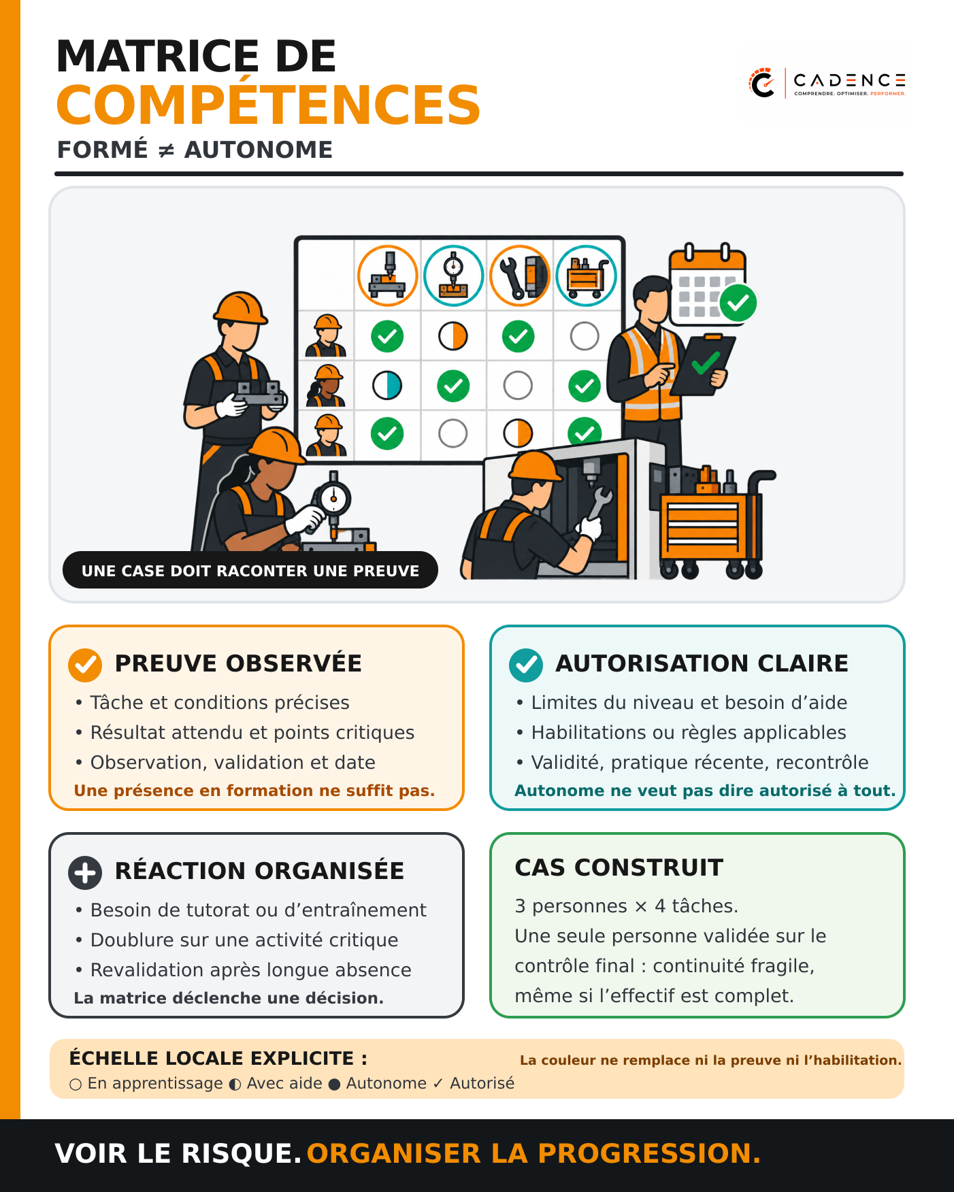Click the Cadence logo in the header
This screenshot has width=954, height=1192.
(826, 83)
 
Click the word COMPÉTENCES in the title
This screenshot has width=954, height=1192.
(268, 105)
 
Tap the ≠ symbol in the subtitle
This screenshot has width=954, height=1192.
(166, 150)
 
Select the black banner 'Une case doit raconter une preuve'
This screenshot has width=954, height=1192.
(250, 570)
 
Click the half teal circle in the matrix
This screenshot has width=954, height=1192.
(387, 386)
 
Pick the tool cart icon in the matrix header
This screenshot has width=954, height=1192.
(586, 276)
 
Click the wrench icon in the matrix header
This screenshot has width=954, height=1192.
(520, 276)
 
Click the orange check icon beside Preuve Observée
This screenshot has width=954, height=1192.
(85, 665)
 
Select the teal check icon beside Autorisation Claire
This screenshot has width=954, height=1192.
(526, 665)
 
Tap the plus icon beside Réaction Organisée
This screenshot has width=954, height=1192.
(85, 872)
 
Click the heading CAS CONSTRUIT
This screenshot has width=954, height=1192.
(619, 867)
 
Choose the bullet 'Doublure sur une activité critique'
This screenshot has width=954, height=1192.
(237, 940)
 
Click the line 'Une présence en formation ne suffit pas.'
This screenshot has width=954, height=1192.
(254, 791)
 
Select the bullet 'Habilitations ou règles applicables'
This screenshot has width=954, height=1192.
(681, 732)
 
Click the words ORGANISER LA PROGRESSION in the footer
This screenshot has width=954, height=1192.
(533, 1153)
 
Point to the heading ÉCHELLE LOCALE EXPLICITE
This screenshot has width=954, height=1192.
(218, 1059)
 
